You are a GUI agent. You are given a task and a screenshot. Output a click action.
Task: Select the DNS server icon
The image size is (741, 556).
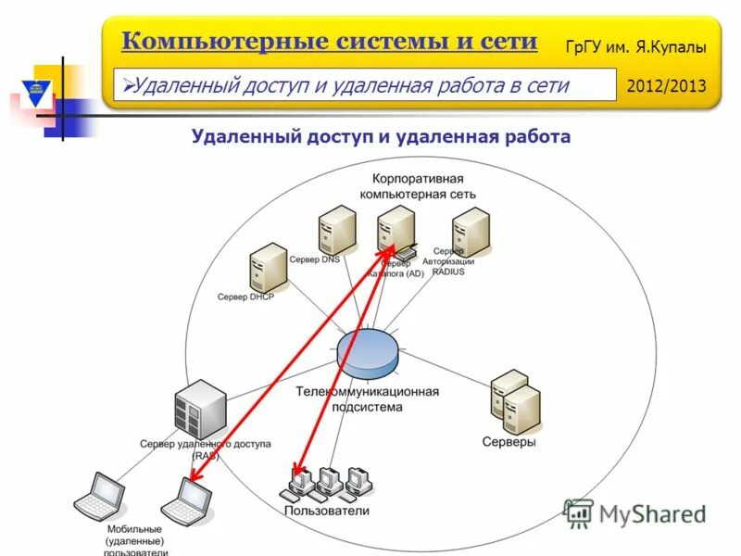(336, 231)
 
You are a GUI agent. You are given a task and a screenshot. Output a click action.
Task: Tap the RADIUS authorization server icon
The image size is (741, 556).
(470, 231)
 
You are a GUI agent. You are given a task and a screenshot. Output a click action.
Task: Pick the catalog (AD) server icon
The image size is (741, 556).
(396, 231)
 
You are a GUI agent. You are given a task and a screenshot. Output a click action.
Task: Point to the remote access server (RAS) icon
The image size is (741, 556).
(200, 409)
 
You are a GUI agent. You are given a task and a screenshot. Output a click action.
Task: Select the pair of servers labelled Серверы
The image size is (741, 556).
(515, 402)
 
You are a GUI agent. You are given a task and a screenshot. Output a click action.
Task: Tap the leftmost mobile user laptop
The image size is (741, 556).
(99, 497)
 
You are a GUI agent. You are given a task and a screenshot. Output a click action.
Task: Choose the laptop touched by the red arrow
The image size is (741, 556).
(187, 501)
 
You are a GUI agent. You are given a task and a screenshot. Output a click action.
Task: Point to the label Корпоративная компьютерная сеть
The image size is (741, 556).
(417, 186)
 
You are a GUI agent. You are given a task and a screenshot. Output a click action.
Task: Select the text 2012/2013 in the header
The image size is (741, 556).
(666, 86)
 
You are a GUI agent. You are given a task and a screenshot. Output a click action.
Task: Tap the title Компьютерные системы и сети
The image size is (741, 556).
(329, 41)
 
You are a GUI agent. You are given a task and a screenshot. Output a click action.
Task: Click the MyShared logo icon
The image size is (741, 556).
(578, 512)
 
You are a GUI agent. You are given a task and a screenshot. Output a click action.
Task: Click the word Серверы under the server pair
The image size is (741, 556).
(509, 442)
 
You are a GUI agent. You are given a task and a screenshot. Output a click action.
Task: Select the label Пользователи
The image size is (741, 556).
(326, 511)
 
